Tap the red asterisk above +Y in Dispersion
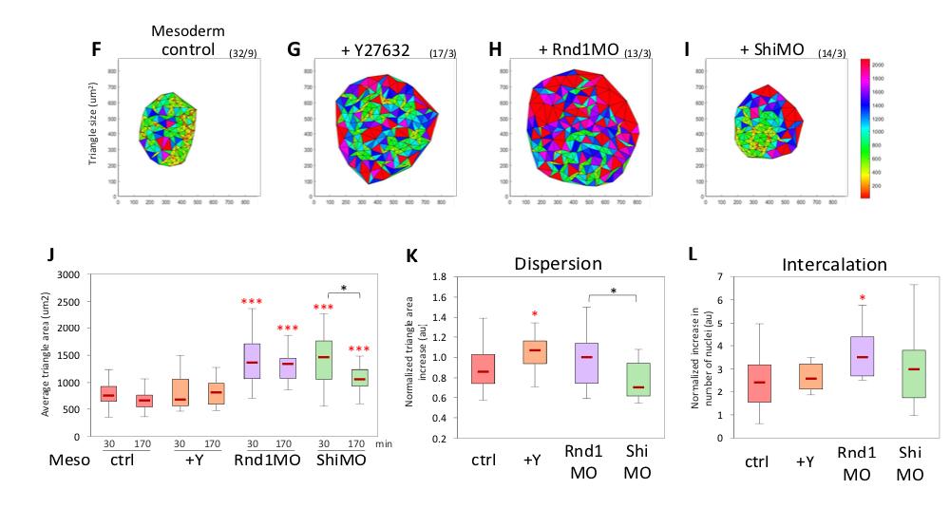tap(536, 314)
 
